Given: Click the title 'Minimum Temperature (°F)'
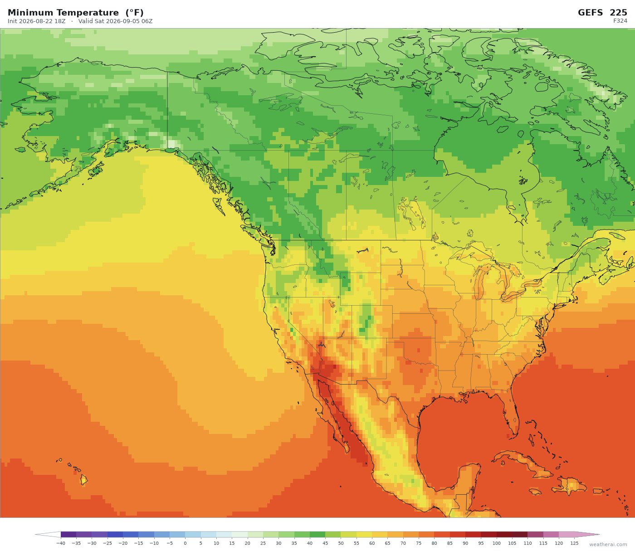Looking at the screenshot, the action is click(x=75, y=13).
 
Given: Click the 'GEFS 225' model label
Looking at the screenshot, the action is click(x=602, y=13).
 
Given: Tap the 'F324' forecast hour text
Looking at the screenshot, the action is click(x=620, y=21).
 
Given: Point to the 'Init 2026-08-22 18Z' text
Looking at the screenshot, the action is click(x=37, y=21).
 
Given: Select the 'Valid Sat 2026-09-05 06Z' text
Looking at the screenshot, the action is click(x=116, y=21).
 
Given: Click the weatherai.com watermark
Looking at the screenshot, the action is click(x=608, y=545).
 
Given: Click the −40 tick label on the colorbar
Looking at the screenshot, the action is click(x=60, y=543).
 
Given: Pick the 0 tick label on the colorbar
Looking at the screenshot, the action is click(x=185, y=543).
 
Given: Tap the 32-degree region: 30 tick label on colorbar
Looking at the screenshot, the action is click(x=278, y=543).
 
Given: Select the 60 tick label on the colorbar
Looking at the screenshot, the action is click(x=372, y=543).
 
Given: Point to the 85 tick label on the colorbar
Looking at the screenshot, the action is click(x=449, y=543).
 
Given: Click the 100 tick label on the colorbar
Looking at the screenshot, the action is click(x=497, y=543).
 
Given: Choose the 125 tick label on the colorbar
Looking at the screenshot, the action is click(x=574, y=543).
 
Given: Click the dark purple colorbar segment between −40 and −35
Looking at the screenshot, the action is click(x=68, y=535).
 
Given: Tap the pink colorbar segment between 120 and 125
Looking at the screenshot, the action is click(x=567, y=535).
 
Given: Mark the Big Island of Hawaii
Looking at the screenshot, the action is click(x=84, y=480).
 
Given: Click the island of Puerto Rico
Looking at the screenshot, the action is click(x=599, y=491).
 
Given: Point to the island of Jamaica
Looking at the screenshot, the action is click(x=534, y=492).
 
